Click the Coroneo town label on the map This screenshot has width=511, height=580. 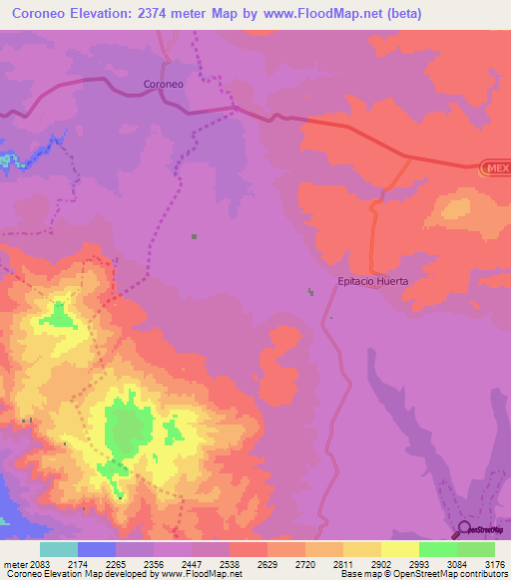(164, 85)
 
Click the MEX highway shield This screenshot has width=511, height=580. (496, 168)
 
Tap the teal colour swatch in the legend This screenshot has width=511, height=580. (59, 549)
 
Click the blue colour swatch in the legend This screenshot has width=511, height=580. (97, 549)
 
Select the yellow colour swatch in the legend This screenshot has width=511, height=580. (399, 549)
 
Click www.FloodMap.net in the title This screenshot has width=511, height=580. (330, 14)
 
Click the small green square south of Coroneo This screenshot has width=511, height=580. (194, 236)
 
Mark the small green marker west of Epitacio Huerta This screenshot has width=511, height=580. (310, 292)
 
